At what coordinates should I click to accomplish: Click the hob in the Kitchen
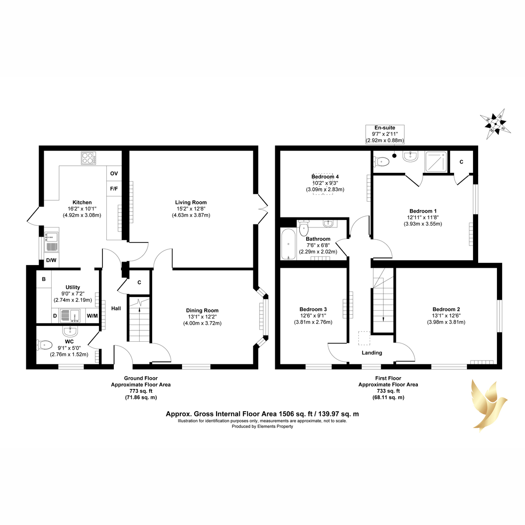pos(88,158)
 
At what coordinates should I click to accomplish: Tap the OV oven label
pos(114,173)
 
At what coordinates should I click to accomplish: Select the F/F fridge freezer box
pos(114,189)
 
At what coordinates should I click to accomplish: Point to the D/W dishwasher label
pos(51,260)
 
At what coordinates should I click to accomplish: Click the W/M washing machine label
pos(92,316)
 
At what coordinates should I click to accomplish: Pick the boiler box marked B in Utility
pos(44,279)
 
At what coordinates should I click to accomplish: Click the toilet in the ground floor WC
pos(44,345)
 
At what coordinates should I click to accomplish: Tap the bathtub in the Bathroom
pos(288,244)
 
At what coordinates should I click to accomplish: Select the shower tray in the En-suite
pos(436,162)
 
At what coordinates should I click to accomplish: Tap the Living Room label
pos(191,203)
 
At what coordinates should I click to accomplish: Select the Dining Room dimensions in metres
pos(202,323)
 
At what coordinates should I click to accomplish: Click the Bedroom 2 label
pos(446,309)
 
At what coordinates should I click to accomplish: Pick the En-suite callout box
pos(385,134)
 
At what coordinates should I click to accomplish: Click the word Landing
pos(371,353)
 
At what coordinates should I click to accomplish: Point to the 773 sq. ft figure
pos(141,391)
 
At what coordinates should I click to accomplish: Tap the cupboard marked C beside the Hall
pos(139,283)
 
